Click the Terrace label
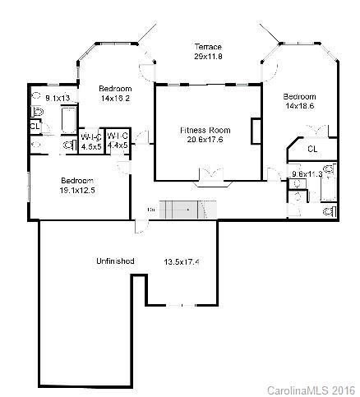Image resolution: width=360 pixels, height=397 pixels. [207, 46]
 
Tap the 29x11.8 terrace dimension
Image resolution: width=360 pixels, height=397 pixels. [207, 57]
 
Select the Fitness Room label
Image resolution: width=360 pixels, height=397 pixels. [205, 130]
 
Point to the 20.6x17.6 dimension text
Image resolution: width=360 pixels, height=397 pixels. [205, 140]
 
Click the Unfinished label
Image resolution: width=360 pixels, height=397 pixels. [114, 261]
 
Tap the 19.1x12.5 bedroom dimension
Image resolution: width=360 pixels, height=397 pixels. [77, 190]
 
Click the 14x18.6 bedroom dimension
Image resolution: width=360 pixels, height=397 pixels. [299, 107]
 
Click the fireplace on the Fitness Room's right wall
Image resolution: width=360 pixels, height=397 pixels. [256, 131]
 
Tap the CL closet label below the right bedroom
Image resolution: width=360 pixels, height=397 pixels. [312, 149]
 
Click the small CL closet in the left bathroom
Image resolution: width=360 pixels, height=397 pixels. [35, 127]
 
